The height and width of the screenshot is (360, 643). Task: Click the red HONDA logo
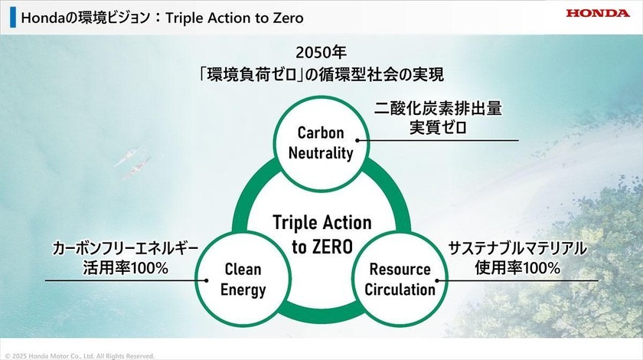point(598,13)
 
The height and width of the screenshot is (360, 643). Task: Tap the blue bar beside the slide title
point(13,18)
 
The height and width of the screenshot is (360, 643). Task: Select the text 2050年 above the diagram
point(321,53)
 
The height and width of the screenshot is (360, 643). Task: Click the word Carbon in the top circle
point(321,133)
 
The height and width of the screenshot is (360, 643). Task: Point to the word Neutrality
point(321,152)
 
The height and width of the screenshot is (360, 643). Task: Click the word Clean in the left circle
point(243,270)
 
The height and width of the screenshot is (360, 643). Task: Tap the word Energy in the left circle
point(243,290)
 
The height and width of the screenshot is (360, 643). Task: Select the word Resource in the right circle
point(400,270)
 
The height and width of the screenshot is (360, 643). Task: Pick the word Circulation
point(400,290)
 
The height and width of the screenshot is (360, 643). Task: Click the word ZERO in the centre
point(332,247)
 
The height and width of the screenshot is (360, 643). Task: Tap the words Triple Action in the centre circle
point(322,222)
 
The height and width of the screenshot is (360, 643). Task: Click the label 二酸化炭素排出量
point(438,108)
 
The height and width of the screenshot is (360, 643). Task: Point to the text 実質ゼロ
point(438,128)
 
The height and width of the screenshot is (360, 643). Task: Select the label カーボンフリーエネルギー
point(126,249)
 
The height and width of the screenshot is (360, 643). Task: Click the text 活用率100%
point(126,268)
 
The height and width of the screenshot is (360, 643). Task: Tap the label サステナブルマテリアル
point(517,249)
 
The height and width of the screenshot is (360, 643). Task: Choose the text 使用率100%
point(517,268)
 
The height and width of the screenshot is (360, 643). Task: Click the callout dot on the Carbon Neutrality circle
point(357,140)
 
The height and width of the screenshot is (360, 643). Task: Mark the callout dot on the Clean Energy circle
point(206,281)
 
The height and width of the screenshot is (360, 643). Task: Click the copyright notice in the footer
point(80,356)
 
